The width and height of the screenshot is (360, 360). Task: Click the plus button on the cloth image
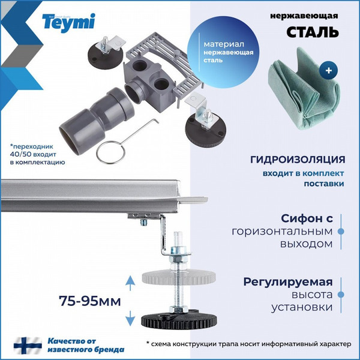pos(328,70)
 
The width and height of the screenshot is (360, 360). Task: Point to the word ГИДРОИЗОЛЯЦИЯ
pos(298,160)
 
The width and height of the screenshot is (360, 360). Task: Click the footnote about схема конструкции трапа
pos(251,343)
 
